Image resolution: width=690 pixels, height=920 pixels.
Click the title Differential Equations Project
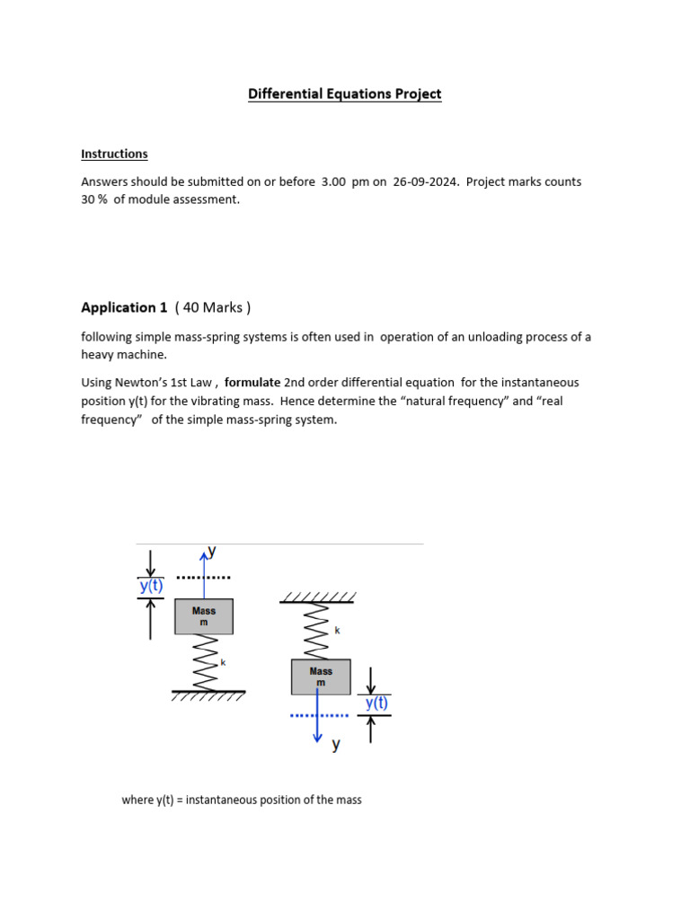(345, 94)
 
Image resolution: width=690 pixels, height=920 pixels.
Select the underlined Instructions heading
(114, 155)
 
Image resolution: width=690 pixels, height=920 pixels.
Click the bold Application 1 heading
(124, 307)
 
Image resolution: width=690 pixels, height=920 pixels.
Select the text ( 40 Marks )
(213, 307)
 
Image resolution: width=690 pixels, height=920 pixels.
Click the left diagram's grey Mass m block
(204, 616)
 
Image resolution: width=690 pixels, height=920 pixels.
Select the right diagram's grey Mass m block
(321, 677)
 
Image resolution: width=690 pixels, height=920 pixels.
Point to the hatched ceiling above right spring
(318, 597)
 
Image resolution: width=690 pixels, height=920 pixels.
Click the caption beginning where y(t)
(242, 800)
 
